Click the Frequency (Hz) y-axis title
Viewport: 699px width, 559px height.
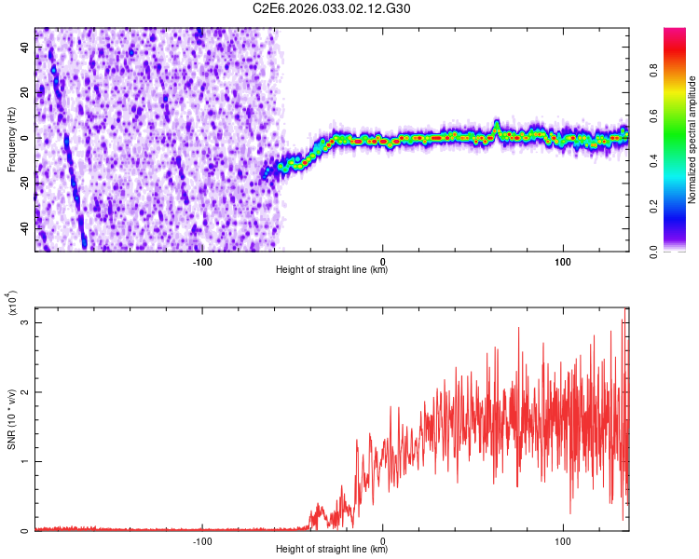click(x=11, y=140)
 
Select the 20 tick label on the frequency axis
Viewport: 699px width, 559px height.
click(x=25, y=92)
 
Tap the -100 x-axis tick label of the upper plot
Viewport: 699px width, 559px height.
click(x=202, y=261)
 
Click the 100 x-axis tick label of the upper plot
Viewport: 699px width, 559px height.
click(x=563, y=261)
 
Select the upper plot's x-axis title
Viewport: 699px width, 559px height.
click(x=332, y=270)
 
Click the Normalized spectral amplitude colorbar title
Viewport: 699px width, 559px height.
click(x=692, y=140)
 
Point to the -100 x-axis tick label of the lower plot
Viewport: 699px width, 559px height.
click(x=202, y=540)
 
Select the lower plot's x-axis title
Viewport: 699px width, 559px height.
click(x=332, y=550)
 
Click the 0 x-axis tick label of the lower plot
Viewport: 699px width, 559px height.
click(x=383, y=540)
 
